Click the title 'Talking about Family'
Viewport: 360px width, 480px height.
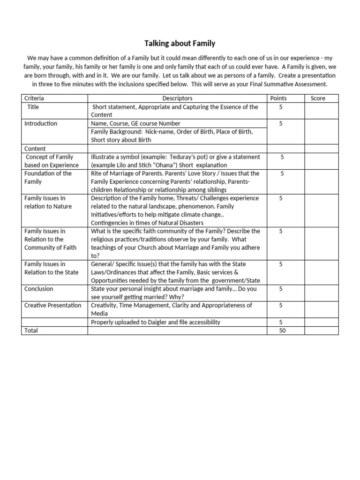tap(180, 44)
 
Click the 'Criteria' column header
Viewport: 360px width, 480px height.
tap(34, 98)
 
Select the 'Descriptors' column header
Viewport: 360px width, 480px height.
tap(177, 98)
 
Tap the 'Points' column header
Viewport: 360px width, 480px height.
tap(278, 98)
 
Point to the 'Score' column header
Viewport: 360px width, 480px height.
tap(318, 98)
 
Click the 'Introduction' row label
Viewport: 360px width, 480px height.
tap(41, 123)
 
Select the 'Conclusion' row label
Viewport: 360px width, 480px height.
tap(39, 289)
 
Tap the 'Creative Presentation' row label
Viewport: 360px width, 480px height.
tap(52, 305)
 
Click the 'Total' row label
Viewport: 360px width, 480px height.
tap(31, 330)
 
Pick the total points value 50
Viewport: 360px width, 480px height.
tap(282, 330)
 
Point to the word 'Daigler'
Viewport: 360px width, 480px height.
tap(175, 322)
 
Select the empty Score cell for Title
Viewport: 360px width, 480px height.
tap(321, 111)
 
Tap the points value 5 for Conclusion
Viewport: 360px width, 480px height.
tap(281, 289)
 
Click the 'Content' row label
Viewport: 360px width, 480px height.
tap(35, 149)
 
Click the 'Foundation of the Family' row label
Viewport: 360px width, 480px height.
tap(48, 177)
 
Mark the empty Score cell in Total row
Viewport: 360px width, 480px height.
tap(321, 330)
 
